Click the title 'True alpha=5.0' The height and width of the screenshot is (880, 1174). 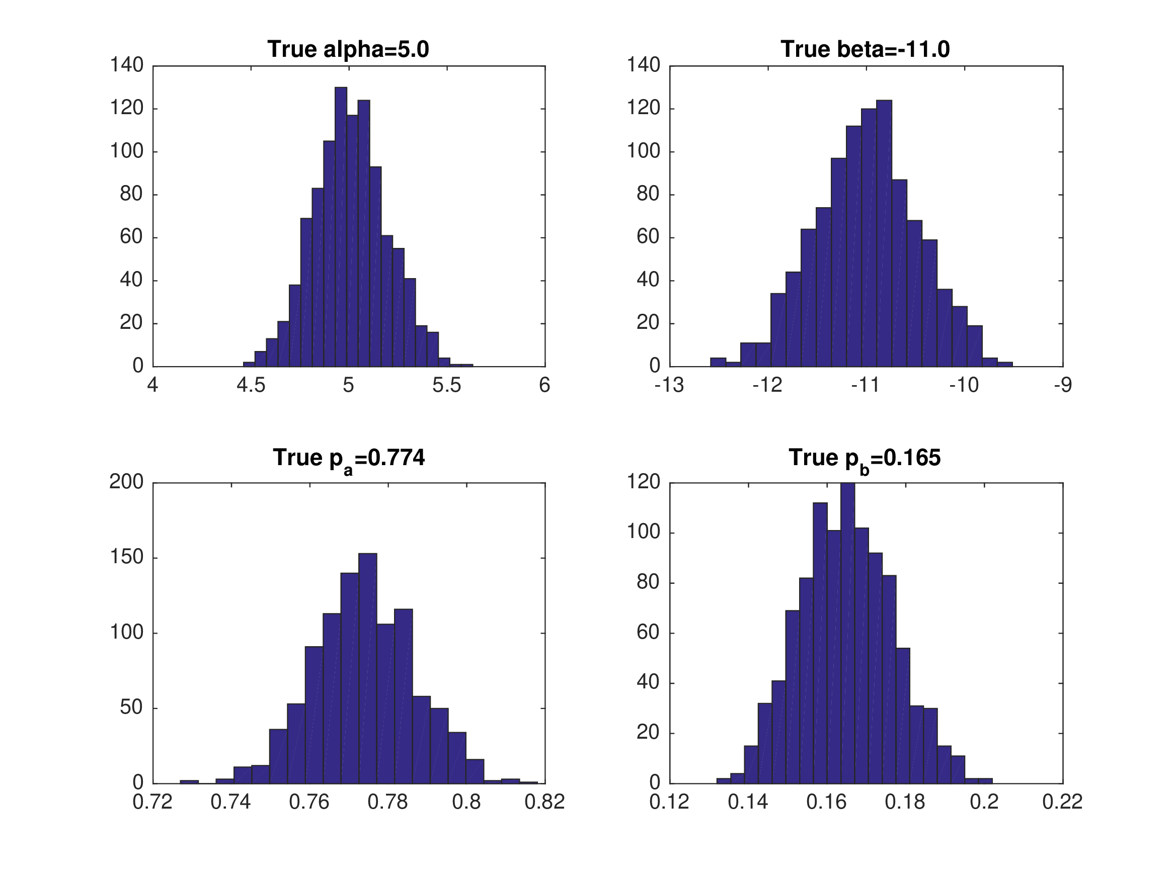point(348,49)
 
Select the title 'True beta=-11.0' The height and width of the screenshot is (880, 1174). point(865,49)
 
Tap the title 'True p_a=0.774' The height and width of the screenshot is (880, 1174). point(349,458)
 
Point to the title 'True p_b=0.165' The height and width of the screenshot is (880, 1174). point(865,458)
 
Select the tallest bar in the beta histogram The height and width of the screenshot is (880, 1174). point(884,233)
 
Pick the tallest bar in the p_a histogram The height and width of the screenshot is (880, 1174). point(368,668)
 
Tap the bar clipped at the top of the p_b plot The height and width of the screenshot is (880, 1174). point(847,631)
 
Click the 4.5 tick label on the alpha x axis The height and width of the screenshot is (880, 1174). point(251,386)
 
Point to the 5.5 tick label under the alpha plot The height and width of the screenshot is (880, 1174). point(446,386)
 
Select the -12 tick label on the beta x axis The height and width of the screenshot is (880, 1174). point(767,386)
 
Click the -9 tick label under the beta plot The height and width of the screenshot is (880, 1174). point(1063,386)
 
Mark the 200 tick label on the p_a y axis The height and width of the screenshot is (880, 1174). point(126,482)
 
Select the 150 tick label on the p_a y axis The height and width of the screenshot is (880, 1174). point(126,558)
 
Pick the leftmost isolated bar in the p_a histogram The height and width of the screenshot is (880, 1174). point(189,781)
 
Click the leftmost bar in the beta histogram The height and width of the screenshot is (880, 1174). point(718,362)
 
